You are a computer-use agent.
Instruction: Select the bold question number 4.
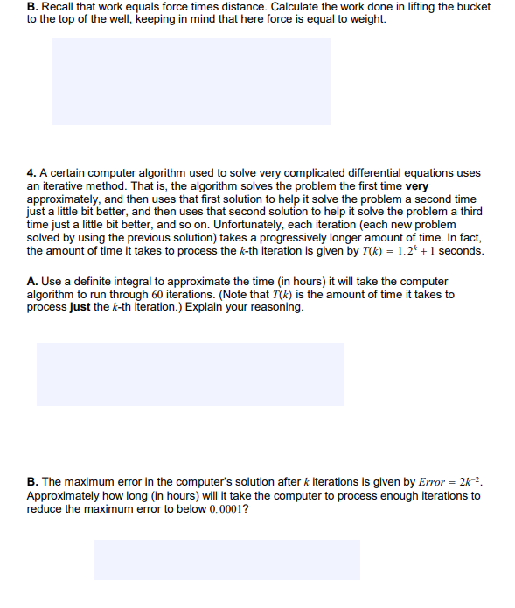tap(31, 173)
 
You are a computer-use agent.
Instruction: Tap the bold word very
tap(416, 186)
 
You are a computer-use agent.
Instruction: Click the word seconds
tap(461, 251)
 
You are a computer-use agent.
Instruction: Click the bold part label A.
tap(31, 282)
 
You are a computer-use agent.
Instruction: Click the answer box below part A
tap(190, 374)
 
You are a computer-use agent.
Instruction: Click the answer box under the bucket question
tap(191, 81)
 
